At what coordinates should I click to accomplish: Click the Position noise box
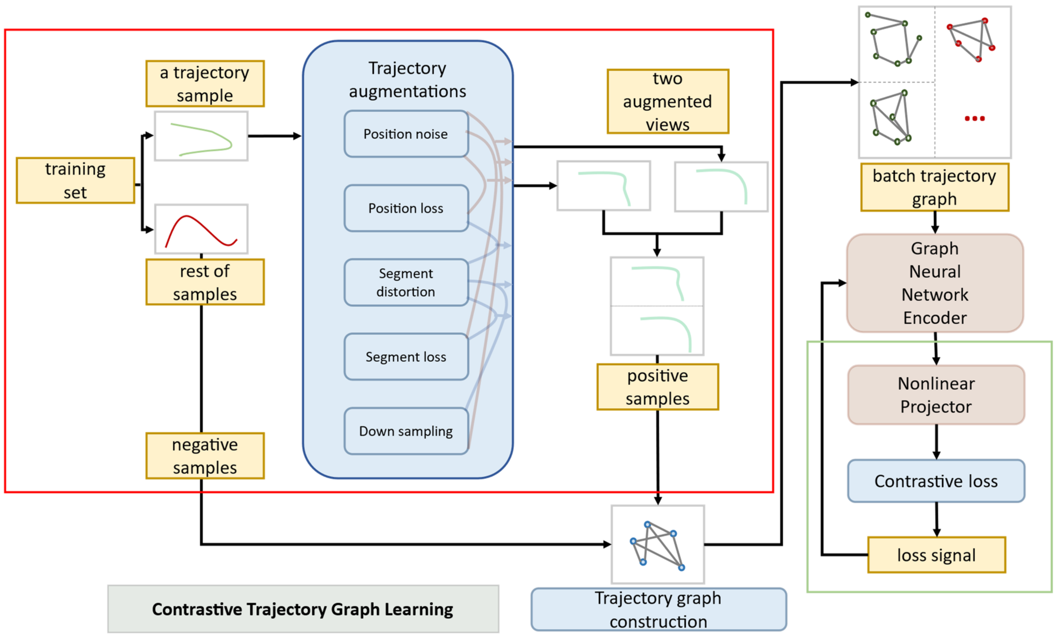click(406, 134)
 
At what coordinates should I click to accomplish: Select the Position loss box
click(406, 208)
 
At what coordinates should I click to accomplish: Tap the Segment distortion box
click(406, 282)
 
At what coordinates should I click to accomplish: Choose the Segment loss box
click(406, 357)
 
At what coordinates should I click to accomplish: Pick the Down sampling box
click(406, 431)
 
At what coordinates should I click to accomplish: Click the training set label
click(75, 180)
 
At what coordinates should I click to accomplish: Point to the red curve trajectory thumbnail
click(201, 229)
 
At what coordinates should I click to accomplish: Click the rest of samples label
click(205, 282)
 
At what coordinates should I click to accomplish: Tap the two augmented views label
click(668, 101)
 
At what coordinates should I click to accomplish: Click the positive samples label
click(658, 387)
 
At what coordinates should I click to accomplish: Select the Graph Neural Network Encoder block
click(935, 283)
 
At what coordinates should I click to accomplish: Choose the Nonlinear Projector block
click(936, 395)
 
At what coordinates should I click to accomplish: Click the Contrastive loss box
click(936, 481)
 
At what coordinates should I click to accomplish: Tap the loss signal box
click(936, 555)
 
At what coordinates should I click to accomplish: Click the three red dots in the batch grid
click(975, 119)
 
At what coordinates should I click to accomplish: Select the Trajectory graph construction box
click(659, 609)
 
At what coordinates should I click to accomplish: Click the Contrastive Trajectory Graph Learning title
click(303, 609)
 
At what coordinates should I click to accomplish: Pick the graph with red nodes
click(971, 40)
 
